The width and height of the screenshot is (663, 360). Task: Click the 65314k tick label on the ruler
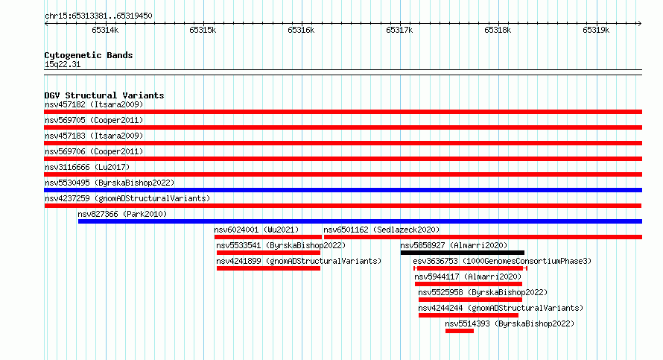[105, 30]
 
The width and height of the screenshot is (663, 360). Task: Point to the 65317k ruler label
[399, 30]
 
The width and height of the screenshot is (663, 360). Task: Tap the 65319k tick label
[596, 30]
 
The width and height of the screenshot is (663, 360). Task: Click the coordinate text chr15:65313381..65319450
[98, 16]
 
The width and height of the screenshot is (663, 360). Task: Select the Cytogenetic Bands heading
[89, 55]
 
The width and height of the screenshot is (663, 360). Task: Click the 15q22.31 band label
[63, 64]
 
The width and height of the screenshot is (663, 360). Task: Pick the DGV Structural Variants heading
[104, 95]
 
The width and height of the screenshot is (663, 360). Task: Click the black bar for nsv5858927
[462, 253]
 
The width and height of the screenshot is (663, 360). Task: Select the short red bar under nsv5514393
[459, 331]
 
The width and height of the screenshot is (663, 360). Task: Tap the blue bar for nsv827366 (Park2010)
[360, 221]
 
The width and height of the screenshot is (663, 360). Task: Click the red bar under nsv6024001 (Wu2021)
[268, 237]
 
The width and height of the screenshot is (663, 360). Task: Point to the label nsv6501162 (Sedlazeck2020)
[381, 230]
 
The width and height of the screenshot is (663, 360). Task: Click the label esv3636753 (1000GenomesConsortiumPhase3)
[502, 261]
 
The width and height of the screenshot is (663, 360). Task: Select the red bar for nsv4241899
[268, 268]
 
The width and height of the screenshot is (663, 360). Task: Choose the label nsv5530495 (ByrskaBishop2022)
[110, 183]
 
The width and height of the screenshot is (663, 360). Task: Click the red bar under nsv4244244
[469, 315]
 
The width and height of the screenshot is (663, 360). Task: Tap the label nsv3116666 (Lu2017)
[87, 167]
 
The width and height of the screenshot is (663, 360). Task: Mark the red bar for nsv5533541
[268, 253]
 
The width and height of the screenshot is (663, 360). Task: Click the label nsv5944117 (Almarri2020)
[468, 277]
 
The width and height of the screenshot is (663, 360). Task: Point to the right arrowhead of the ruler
[640, 23]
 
